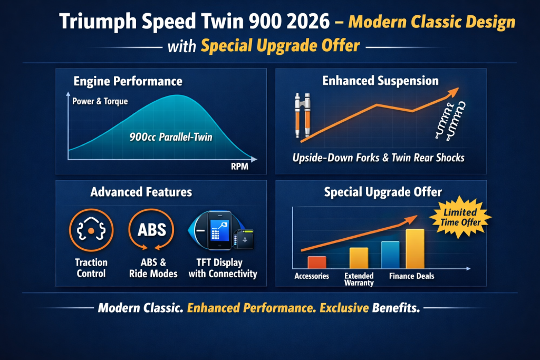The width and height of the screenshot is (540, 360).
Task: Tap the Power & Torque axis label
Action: point(100,101)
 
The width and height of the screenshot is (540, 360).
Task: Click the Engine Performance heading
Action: point(128,81)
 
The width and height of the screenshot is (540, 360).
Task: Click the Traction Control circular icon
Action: point(91,231)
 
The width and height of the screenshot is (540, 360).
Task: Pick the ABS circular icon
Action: point(152,231)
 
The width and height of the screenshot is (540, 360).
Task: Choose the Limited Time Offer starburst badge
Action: point(460,217)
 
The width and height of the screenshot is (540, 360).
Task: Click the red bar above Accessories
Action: point(317,262)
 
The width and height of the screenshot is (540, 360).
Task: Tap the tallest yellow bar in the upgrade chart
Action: point(414,248)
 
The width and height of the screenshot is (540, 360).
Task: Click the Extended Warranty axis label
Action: point(359,279)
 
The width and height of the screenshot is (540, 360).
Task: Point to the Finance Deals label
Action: point(412,276)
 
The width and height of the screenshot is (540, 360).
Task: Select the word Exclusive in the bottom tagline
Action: point(344,308)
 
